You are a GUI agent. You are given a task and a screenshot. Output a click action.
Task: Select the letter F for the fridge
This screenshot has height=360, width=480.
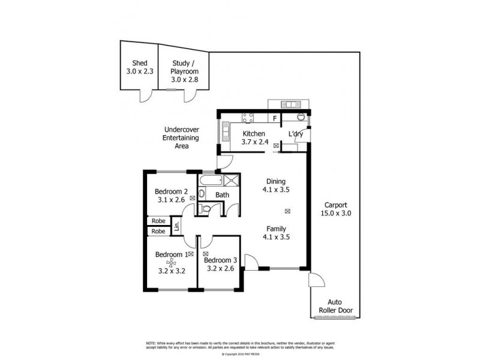click(275, 119)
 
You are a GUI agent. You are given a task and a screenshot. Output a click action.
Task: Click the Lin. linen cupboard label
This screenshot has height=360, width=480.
click(177, 226)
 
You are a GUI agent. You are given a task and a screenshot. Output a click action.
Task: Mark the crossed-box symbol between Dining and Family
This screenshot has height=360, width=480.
click(287, 211)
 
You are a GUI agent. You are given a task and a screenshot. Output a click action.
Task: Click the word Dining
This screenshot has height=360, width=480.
click(276, 181)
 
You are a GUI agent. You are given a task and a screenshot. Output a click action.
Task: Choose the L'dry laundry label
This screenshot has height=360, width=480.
click(296, 134)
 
